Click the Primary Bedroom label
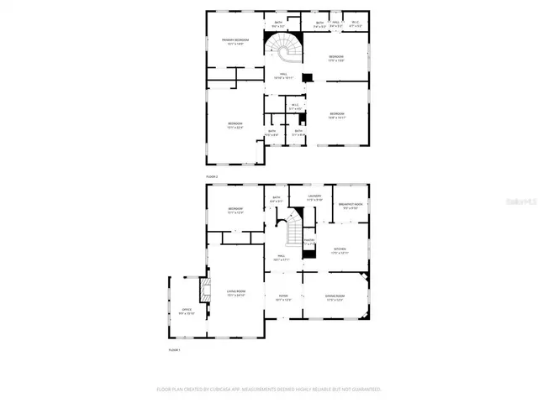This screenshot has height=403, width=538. (235, 42)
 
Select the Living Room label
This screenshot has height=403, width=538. (235, 293)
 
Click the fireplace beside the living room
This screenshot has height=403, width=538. (202, 290)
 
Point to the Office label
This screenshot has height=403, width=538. (187, 311)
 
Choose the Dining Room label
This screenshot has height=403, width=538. (335, 297)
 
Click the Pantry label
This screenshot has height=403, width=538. (309, 242)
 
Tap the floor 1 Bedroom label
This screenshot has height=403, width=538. (235, 211)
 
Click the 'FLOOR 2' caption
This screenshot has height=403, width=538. (212, 177)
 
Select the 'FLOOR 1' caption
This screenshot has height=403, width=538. (175, 348)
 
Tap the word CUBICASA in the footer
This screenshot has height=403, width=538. (224, 389)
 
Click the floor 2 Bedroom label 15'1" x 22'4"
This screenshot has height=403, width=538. (235, 126)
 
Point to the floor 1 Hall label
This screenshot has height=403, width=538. (282, 258)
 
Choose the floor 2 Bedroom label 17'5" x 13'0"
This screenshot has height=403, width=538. (336, 58)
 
